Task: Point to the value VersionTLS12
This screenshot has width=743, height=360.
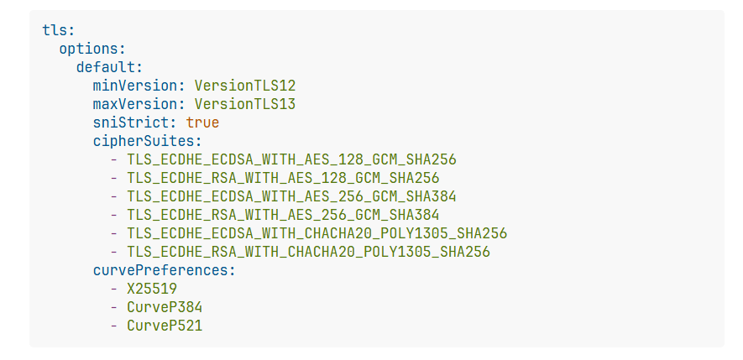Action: point(244,86)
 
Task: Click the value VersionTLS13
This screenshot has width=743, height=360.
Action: point(244,104)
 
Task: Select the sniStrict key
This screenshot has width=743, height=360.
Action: point(134,123)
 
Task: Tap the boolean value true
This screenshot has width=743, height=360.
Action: point(202,123)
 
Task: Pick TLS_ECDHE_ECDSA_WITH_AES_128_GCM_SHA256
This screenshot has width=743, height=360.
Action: point(291,159)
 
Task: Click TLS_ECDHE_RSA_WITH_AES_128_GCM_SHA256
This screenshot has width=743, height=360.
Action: point(283,178)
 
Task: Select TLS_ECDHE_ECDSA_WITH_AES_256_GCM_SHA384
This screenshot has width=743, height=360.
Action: point(291,196)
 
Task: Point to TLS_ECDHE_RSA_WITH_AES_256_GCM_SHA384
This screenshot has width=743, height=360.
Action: point(283,215)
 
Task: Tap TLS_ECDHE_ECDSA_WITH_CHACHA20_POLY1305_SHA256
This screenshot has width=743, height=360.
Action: point(317,233)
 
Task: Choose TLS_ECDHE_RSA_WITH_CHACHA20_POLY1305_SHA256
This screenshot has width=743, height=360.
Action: point(308,252)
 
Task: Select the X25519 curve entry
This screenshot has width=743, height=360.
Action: point(152,289)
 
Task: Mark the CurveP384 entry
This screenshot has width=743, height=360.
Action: point(165,307)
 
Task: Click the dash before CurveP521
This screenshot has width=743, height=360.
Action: point(113,326)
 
